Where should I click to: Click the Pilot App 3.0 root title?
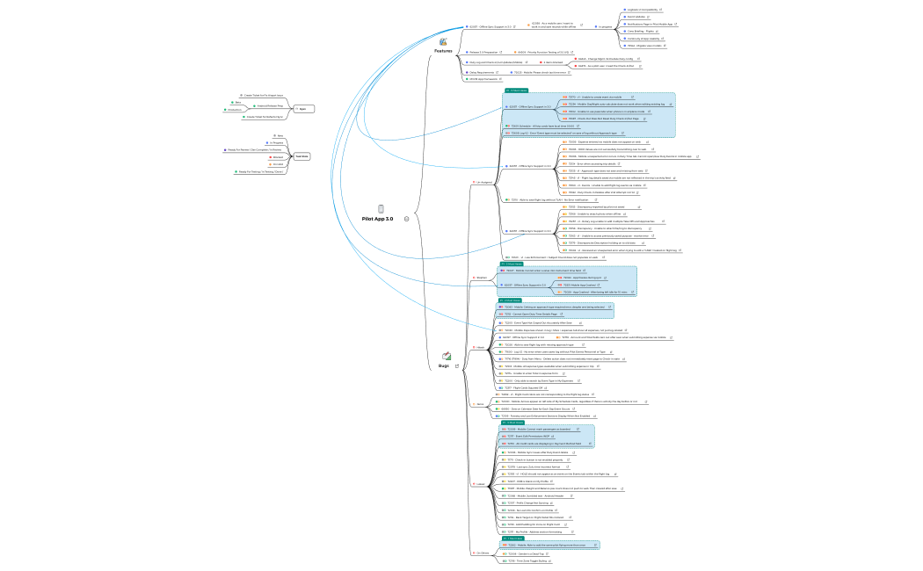tap(378, 219)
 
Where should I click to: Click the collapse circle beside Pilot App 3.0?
tap(406, 219)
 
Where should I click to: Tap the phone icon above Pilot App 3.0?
tap(381, 208)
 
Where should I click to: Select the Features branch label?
tap(443, 51)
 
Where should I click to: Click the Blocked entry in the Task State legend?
tap(278, 157)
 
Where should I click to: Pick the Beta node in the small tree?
tap(238, 102)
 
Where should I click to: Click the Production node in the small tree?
tap(234, 110)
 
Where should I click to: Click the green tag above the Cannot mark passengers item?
tap(516, 423)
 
